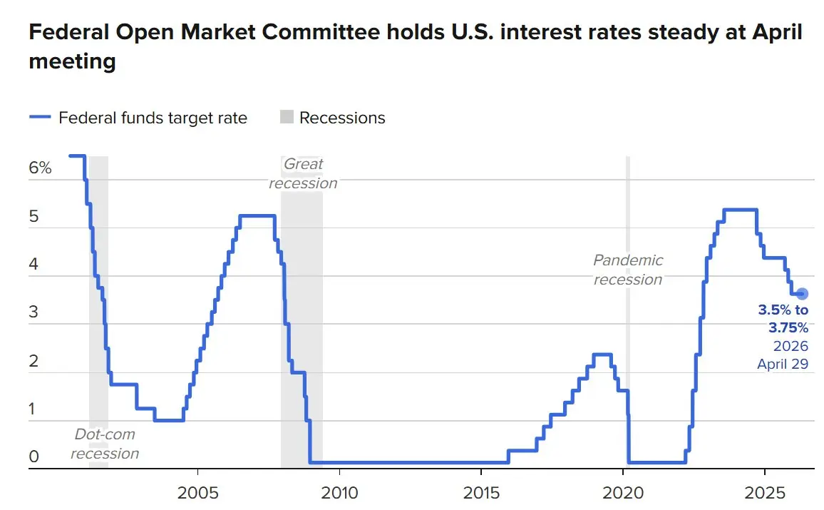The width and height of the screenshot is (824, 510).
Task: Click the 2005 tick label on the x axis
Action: pos(197,493)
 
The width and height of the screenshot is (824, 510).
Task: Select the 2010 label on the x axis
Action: pos(340,493)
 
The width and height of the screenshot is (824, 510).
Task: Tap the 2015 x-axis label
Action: pos(481,493)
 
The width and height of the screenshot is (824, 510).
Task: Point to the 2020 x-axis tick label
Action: pos(623,493)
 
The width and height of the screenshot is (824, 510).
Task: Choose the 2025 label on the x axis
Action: pos(765,493)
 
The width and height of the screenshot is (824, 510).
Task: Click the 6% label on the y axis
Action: pos(40,168)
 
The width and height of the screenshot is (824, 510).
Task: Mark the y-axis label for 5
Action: pos(34,217)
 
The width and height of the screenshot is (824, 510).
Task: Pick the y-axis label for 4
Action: pos(34,265)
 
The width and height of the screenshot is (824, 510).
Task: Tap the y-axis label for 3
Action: pos(34,312)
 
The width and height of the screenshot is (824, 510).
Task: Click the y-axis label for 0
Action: pos(34,457)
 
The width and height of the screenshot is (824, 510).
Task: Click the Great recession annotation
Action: pos(303,173)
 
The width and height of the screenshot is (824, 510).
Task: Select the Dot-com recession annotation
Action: pos(105,444)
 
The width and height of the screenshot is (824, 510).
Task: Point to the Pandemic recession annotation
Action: pos(628,270)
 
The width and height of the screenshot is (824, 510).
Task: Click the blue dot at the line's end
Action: pos(801,293)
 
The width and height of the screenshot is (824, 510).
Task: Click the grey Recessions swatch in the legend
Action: pos(287,118)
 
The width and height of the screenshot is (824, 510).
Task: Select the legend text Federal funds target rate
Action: pos(153,118)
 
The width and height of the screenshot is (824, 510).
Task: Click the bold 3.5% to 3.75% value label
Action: pos(783,319)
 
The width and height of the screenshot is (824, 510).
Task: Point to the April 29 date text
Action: pos(783,364)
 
